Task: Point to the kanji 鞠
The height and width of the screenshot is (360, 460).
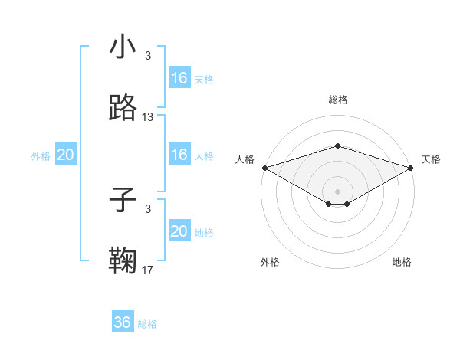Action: pos(123,260)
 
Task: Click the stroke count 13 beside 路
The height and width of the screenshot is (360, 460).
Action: pos(148,117)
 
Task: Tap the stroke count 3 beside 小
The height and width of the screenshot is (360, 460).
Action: pos(148,56)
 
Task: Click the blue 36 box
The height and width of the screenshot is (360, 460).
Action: pos(123,322)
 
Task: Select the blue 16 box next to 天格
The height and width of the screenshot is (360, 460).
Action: pos(179,77)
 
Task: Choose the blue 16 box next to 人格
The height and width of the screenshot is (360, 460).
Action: pos(179,155)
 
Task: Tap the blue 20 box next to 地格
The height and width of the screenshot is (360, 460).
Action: pos(179,231)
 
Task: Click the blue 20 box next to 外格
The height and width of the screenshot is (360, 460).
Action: pos(66,155)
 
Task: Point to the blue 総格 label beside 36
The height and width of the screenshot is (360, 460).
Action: pos(147,324)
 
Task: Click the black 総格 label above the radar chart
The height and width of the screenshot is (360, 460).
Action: pos(337,100)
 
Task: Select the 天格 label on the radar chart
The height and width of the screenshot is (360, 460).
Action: pos(432,159)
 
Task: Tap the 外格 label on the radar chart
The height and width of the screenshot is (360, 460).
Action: pos(270,262)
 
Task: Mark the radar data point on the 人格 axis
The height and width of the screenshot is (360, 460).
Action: pos(264,167)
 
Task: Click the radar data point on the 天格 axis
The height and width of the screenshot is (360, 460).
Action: pos(411,167)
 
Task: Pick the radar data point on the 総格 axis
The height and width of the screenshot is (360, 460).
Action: pos(337,146)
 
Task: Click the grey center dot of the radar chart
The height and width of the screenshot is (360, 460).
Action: pos(337,191)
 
